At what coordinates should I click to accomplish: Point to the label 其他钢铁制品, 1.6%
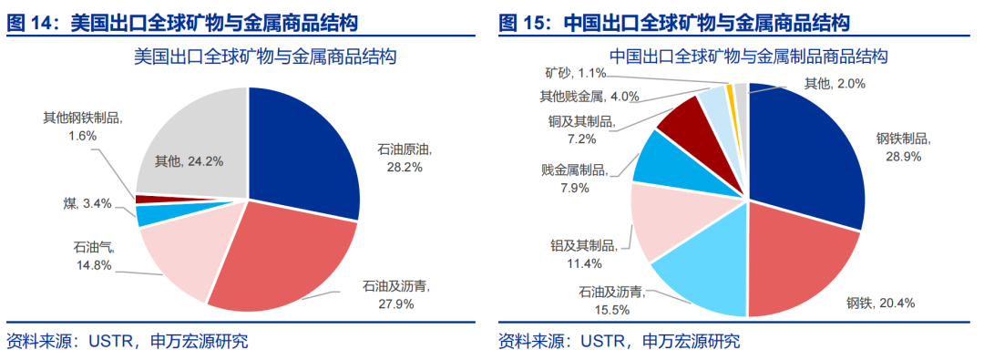coord(82,126)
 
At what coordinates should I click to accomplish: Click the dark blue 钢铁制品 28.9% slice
coord(806,150)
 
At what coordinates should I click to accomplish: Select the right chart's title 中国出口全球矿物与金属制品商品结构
coord(749,57)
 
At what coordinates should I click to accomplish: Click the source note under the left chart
coord(128,342)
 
